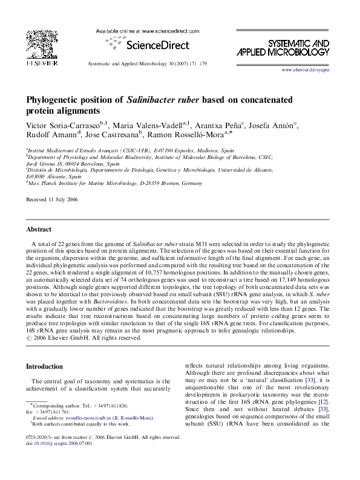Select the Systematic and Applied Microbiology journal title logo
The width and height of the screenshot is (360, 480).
298,49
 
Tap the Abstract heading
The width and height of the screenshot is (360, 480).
38,230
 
